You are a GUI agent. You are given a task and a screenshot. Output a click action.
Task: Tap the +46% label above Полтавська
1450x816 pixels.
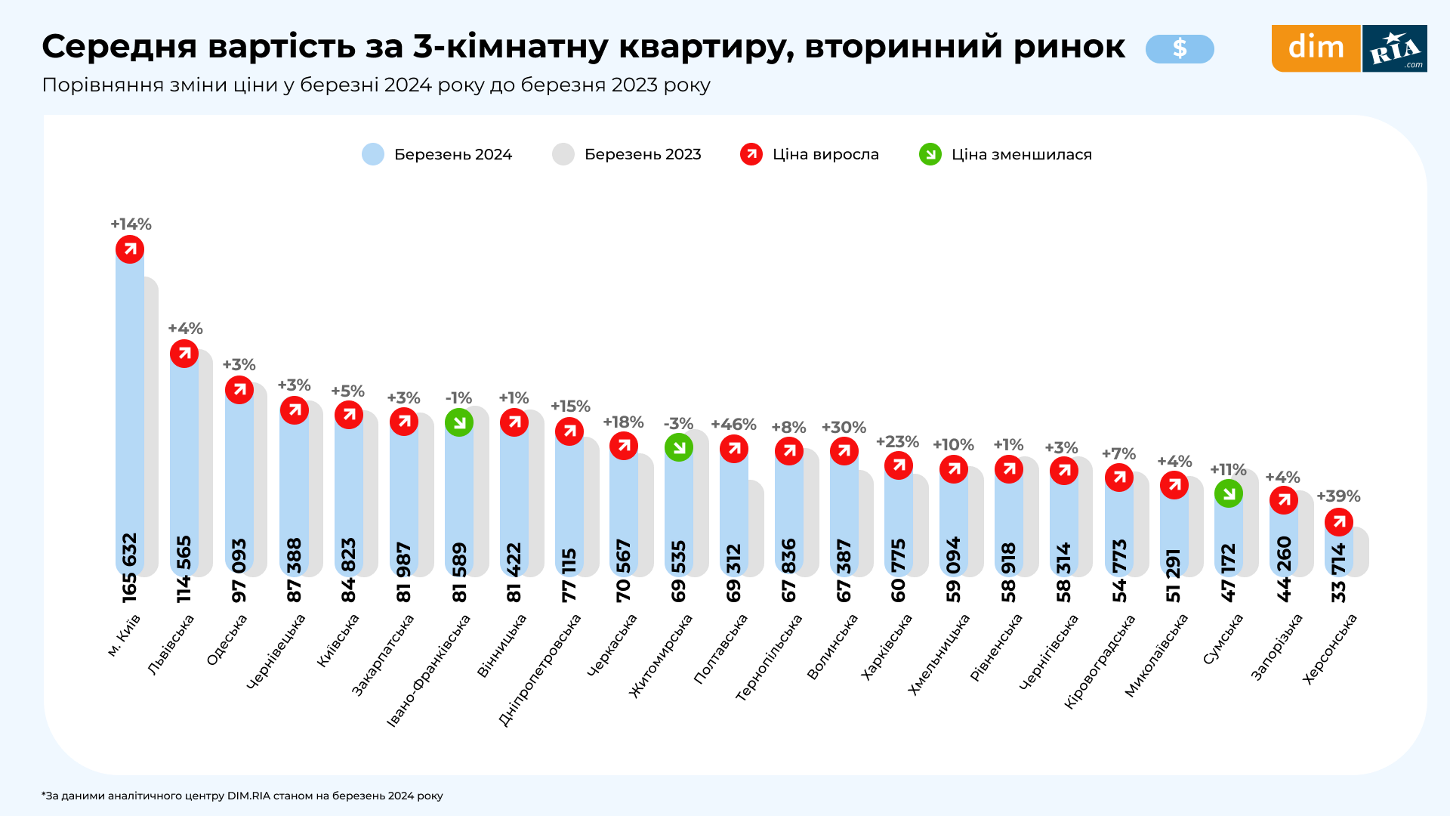(733, 425)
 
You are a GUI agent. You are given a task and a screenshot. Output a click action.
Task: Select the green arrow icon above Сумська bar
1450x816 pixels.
(1229, 493)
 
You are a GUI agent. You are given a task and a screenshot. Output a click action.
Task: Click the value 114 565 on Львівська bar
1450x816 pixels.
(184, 569)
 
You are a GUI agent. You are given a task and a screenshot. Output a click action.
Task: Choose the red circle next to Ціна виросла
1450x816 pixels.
(751, 154)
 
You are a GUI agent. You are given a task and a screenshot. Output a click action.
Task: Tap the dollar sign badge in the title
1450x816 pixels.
(1180, 49)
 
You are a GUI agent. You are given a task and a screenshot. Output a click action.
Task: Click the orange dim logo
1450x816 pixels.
(1316, 48)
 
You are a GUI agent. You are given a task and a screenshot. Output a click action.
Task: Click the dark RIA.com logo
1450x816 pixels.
(1394, 48)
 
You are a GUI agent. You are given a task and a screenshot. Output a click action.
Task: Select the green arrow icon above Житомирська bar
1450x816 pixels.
(679, 447)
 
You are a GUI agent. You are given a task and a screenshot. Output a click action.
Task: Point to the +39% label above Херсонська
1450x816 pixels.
(1338, 496)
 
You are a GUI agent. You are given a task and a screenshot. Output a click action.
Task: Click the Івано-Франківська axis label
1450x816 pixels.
(428, 669)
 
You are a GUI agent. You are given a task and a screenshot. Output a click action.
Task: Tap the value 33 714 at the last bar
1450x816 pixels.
(1339, 572)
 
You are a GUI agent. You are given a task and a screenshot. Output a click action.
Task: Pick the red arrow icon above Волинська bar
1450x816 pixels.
(844, 451)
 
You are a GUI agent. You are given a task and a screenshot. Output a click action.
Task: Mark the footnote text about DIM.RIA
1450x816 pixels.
(242, 796)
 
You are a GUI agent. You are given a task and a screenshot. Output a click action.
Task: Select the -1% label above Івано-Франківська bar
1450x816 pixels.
(458, 398)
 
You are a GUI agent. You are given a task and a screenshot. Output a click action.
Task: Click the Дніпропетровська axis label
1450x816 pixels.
(540, 669)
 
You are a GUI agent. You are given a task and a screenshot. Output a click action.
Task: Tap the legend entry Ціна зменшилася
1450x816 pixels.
(1021, 154)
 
